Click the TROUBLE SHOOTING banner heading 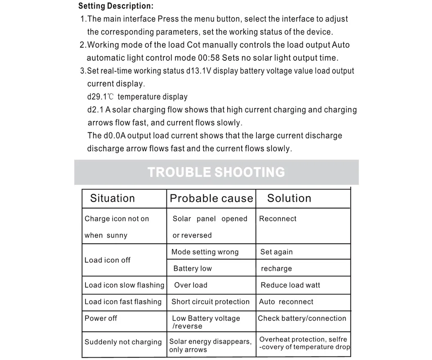point(216,172)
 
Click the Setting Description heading point(116,6)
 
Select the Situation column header point(112,198)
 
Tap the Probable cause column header point(211,198)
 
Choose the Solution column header point(289,198)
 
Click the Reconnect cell point(278,219)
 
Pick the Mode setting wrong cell point(205,252)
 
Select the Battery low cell point(193,269)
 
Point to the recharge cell point(276,269)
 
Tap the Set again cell point(276,252)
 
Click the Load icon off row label point(108,260)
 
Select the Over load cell point(191,285)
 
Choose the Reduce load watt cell point(290,285)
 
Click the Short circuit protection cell point(211,302)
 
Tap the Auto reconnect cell point(286,302)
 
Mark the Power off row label point(101,318)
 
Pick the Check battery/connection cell point(302,318)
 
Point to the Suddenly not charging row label point(123,342)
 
